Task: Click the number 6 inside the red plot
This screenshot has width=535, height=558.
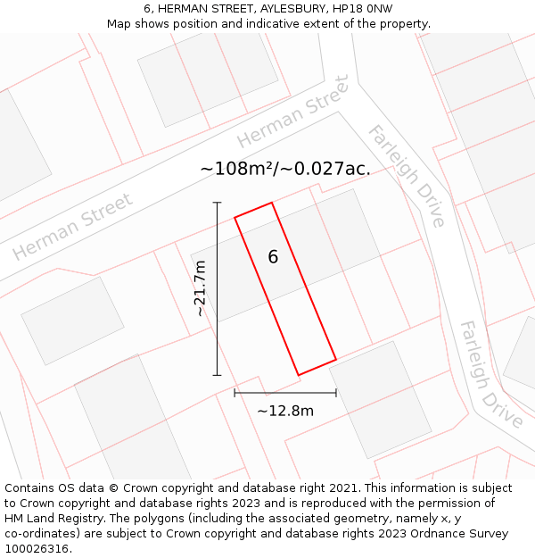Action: [x=273, y=257]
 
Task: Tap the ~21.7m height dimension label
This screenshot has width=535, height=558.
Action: [x=201, y=288]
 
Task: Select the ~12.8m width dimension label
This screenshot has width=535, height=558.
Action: [x=285, y=411]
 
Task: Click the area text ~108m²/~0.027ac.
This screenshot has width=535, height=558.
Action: [x=285, y=168]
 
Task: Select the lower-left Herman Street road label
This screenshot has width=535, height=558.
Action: [x=73, y=227]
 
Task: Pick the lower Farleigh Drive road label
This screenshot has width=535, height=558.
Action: [x=490, y=375]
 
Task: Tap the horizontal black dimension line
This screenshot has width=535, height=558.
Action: [x=285, y=392]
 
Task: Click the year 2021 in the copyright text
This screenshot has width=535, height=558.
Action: [x=342, y=488]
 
